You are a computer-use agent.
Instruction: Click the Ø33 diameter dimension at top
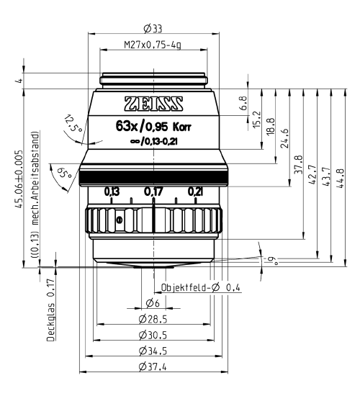[x=152, y=29]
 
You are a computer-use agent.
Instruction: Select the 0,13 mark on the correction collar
[x=112, y=192]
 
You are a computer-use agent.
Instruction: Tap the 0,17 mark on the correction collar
[x=153, y=192]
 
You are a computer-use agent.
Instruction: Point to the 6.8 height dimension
[x=242, y=104]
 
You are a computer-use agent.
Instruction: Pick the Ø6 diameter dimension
[x=152, y=303]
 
